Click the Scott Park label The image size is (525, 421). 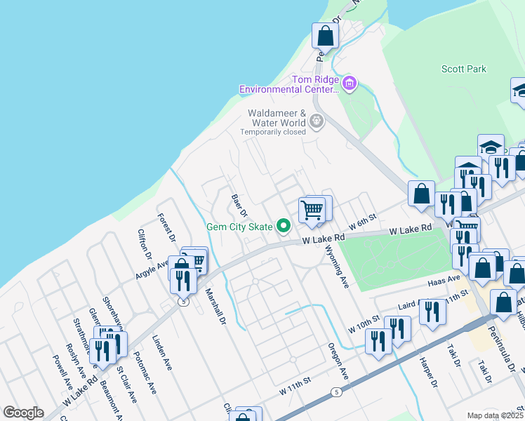point(464,69)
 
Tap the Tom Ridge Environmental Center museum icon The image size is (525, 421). point(350,85)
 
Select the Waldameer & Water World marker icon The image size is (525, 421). point(317,121)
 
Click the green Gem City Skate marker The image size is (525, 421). point(284,226)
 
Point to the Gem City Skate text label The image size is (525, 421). point(239,227)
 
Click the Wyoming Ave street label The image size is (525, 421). point(338,269)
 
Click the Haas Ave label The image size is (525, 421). point(444,280)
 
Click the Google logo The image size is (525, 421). point(23,413)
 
